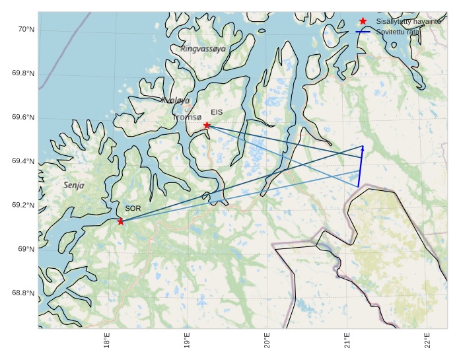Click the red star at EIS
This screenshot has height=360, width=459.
pos(207,126)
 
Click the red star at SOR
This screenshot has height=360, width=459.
pos(120,221)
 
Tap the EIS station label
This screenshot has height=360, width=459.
pos(217,112)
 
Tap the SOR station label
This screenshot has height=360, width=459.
pos(133,208)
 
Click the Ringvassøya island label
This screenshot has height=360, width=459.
pos(203,48)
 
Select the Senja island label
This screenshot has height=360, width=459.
pos(74,186)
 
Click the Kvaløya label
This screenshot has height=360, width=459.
pos(176,100)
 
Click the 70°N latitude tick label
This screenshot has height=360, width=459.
pos(26,30)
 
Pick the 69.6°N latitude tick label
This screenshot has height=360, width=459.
pos(23,118)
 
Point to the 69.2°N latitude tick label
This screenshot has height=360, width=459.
pos(23,205)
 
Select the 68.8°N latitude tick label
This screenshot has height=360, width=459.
pos(23,293)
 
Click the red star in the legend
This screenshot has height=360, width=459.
pos(363,22)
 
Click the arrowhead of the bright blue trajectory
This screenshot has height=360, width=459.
pos(363,149)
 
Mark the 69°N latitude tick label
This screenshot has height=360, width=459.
pos(26,249)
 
